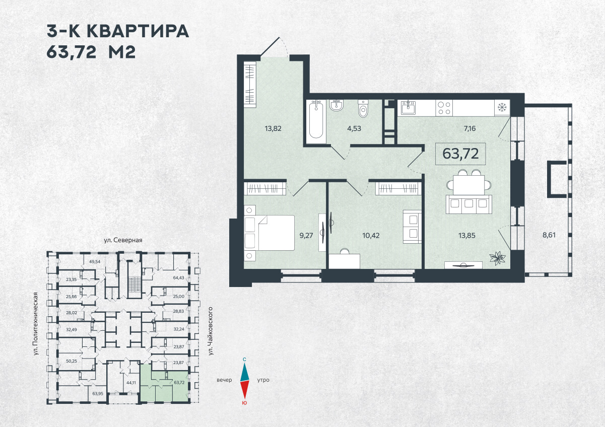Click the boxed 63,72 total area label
coord(460,154)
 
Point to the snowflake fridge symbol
coord(501,107)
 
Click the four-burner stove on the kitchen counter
coord(444,107)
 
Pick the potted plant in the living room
coord(497,258)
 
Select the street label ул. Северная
coord(123,240)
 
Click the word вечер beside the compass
coord(224,380)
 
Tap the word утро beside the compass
coord(263,380)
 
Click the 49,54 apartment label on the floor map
coord(94,262)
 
